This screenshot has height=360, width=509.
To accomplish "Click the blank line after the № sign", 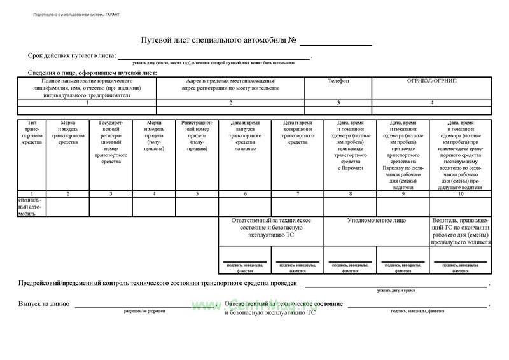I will pos(336,44).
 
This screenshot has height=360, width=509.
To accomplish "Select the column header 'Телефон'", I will pos(338,81).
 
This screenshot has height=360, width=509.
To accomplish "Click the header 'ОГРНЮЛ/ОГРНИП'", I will pos(432,81).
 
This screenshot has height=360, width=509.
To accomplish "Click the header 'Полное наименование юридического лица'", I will pos(87,88).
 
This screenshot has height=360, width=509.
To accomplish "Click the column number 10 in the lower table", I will pos(461,193).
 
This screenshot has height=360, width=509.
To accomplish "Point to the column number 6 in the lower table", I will pos(245,193).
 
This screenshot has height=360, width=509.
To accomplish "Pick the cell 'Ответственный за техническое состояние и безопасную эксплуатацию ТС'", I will pos(271,228).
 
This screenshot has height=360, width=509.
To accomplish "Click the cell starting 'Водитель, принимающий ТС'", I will pos(461,231).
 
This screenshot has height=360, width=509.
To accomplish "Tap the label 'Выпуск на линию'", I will pos(43,304).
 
